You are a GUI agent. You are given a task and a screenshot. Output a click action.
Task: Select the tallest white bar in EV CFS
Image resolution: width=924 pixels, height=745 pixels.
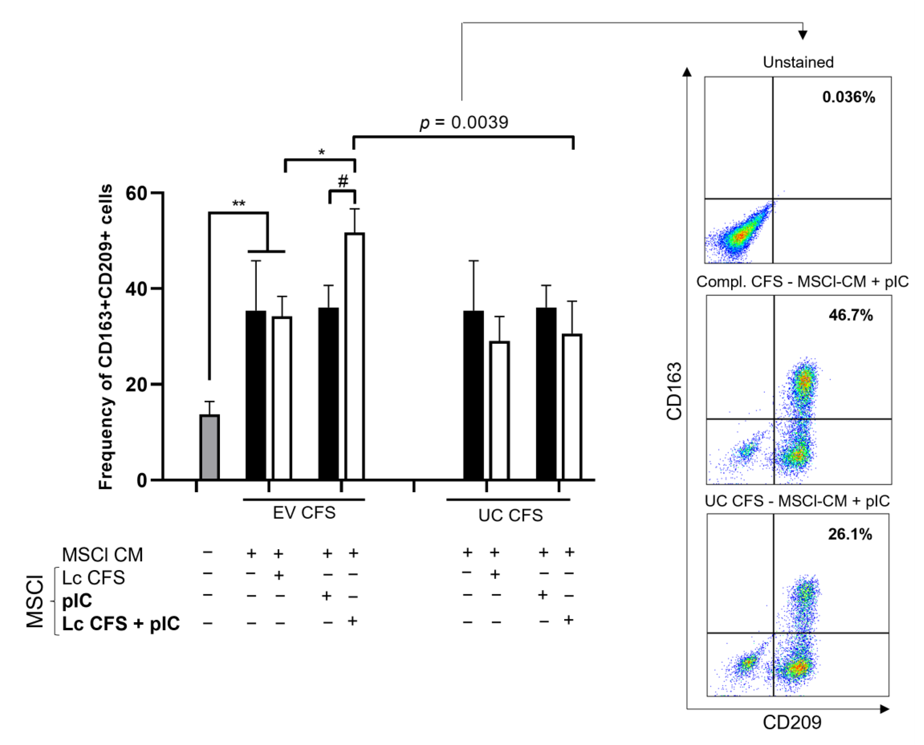(x=355, y=356)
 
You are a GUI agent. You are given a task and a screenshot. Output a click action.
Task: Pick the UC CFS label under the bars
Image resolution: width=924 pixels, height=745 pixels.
(x=510, y=515)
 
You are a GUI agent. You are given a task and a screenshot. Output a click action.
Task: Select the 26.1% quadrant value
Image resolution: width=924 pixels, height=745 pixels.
(x=849, y=534)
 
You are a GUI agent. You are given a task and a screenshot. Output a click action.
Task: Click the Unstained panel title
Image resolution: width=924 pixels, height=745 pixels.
(x=798, y=62)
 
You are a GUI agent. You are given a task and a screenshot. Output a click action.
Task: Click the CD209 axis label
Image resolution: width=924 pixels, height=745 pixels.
(x=792, y=722)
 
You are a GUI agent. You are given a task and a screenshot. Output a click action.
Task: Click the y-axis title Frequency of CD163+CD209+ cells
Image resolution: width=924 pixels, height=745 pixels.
(x=106, y=337)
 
